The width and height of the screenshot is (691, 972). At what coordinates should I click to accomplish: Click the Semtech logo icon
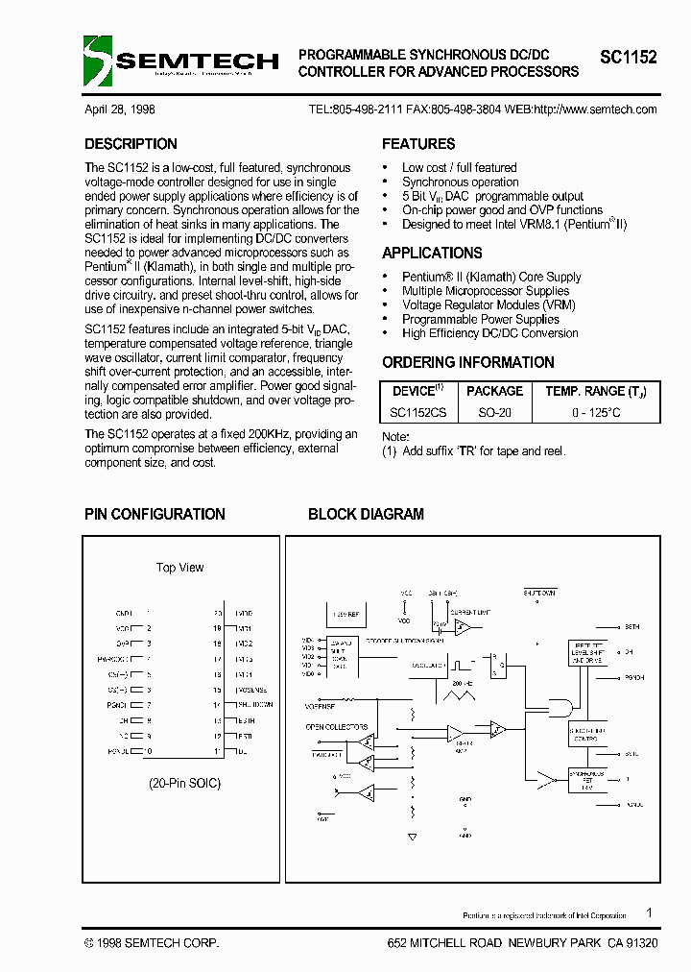(99, 61)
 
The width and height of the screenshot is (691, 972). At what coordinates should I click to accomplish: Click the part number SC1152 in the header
(629, 58)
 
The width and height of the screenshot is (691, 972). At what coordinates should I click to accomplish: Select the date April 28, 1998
(120, 109)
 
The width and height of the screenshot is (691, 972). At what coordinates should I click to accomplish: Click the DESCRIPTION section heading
(131, 144)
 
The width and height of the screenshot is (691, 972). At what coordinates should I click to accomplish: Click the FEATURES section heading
(418, 144)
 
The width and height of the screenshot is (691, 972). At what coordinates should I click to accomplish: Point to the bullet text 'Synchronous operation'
(460, 182)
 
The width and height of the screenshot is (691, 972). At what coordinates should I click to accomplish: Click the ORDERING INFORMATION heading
(467, 362)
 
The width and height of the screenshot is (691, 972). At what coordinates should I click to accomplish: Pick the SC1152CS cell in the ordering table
(419, 411)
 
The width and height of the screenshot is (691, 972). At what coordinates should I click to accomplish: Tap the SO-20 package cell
(494, 411)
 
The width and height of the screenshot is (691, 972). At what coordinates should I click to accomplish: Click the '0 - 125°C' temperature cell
(596, 411)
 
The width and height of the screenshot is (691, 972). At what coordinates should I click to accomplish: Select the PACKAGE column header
(494, 391)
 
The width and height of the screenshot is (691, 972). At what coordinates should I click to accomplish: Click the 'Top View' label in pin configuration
(180, 568)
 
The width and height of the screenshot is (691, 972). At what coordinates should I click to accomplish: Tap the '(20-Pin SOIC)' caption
(184, 783)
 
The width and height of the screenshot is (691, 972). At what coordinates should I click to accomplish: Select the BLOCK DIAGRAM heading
(366, 514)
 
